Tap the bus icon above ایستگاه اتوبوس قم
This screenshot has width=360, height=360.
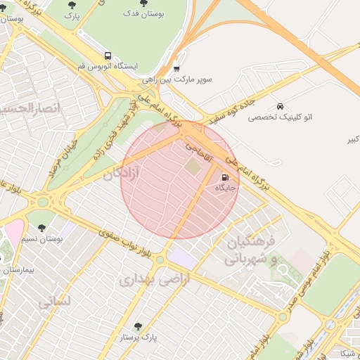(x=108, y=55)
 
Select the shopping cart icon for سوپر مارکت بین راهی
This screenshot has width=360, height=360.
(x=176, y=69)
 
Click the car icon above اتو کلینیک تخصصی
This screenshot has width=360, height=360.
(x=281, y=105)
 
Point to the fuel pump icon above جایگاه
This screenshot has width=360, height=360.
(x=225, y=177)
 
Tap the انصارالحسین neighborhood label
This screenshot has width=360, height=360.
(x=28, y=108)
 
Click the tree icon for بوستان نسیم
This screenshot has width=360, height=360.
(x=41, y=228)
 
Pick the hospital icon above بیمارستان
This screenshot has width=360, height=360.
(x=9, y=259)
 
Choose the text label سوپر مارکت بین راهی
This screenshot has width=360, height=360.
(x=187, y=80)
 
